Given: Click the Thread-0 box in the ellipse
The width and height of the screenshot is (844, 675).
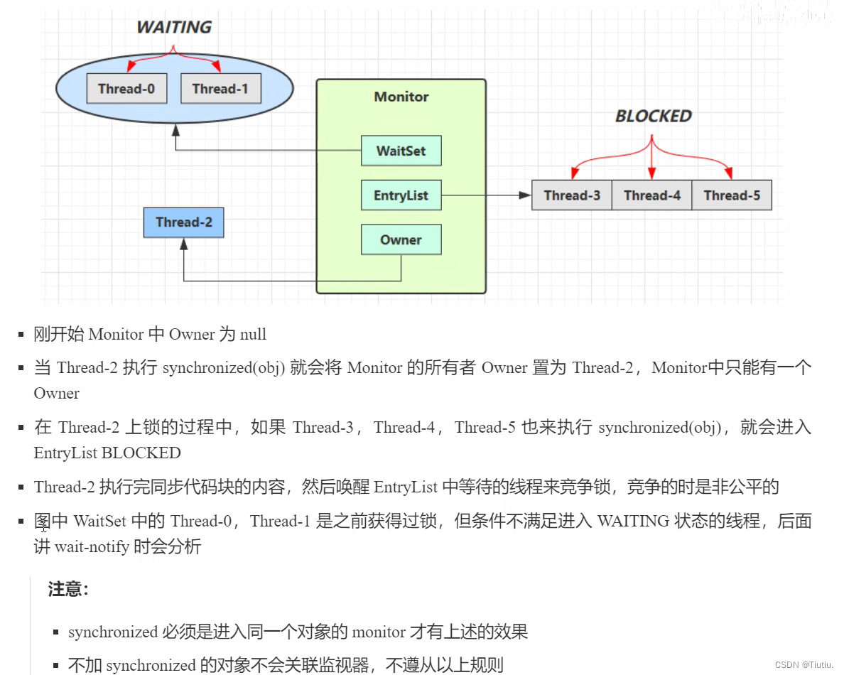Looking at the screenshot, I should [126, 89].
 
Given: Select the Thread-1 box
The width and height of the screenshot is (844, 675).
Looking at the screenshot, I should [220, 89].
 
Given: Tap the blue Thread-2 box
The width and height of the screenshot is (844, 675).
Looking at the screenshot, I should [183, 222].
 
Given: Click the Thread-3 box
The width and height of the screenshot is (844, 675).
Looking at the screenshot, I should [572, 195].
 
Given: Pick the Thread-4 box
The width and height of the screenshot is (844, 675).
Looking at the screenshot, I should [652, 195].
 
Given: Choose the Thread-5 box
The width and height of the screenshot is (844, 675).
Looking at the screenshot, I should [732, 195].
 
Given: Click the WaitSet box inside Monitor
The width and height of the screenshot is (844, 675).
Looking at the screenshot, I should [401, 151].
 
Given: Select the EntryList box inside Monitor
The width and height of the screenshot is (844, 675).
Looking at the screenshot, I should [401, 195].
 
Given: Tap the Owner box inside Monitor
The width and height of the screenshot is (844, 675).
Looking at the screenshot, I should [401, 240].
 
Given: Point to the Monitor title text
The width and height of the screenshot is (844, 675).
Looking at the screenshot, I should [401, 97].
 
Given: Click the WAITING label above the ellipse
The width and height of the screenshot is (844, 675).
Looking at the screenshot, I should [174, 28].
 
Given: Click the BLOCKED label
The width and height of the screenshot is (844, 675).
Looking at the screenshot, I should [653, 117].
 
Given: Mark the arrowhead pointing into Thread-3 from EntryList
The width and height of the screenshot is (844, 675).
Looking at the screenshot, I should [526, 195].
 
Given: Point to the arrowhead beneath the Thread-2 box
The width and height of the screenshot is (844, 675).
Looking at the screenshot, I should [184, 244].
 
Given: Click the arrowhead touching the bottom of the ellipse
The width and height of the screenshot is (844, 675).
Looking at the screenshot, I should [175, 129].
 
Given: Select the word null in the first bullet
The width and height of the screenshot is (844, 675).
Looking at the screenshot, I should [253, 334].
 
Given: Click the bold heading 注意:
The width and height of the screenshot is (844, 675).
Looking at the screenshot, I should [68, 589].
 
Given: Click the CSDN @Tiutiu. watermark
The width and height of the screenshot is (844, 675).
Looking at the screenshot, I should [804, 664].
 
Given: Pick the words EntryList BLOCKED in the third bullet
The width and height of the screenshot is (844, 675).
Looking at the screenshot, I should [107, 453].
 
